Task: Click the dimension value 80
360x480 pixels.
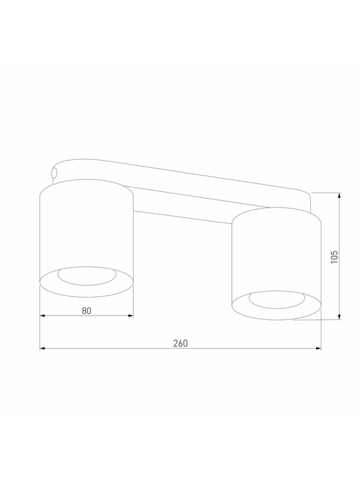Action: coord(86,311)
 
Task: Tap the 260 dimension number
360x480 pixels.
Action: coord(181,343)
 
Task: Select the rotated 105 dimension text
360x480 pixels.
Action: coord(335,257)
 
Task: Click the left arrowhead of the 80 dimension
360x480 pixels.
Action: coord(43,316)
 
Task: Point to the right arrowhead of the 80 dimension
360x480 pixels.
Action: coord(131,316)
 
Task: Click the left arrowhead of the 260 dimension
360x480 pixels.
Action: coord(43,349)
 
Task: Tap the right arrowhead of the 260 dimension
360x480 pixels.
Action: coord(319,349)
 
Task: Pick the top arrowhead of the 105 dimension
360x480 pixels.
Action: coord(339,196)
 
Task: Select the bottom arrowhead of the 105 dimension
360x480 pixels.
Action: coord(339,317)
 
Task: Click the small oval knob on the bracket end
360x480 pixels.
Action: coord(54,173)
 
